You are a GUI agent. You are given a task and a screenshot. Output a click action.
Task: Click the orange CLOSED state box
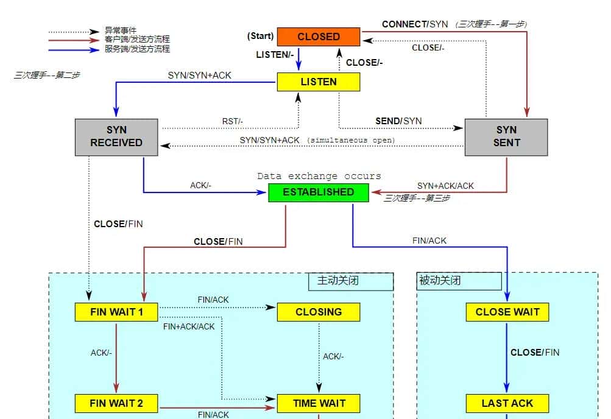pos(318,37)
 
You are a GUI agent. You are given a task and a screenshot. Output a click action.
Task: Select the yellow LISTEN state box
pos(318,82)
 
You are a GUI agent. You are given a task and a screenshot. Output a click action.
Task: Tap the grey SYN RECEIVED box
pos(116,137)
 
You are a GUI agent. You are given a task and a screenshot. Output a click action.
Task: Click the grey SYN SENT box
pos(506,137)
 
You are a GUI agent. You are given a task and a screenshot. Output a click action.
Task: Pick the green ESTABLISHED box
pos(318,192)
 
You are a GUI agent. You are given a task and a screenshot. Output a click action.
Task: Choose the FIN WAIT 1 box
pos(116,312)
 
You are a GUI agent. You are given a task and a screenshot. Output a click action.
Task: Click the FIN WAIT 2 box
pos(116,403)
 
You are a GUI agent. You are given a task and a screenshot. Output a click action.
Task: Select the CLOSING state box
pos(318,312)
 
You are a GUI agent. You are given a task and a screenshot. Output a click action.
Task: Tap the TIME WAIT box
pos(318,403)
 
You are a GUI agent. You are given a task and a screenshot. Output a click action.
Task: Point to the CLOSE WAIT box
pos(507,312)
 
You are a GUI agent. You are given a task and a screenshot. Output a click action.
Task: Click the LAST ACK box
pos(507,403)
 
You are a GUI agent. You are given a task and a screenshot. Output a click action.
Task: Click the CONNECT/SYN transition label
pos(414,24)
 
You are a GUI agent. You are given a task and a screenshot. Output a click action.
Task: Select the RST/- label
pos(232,121)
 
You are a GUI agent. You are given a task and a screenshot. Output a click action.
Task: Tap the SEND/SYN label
pos(398,121)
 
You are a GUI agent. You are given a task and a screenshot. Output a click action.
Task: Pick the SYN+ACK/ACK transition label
pos(445,185)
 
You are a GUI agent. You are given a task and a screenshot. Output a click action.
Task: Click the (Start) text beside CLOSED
pos(260,37)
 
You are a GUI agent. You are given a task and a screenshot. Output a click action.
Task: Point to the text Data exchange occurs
pos(319,176)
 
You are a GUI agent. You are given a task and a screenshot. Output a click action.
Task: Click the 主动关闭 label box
pos(350,281)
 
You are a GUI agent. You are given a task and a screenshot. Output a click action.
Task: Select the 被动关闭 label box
pos(459,281)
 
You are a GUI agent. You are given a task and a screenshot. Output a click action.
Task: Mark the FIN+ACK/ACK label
pos(189,326)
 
